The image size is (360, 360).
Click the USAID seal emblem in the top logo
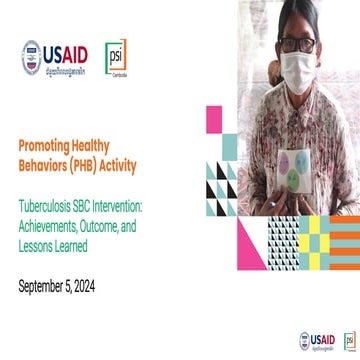point(32,57)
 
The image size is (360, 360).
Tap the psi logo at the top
point(116,59)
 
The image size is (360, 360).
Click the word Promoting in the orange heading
point(45,145)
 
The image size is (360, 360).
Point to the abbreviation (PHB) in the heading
point(93,162)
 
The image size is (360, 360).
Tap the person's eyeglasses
point(296,46)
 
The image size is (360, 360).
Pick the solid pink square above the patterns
point(213,119)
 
